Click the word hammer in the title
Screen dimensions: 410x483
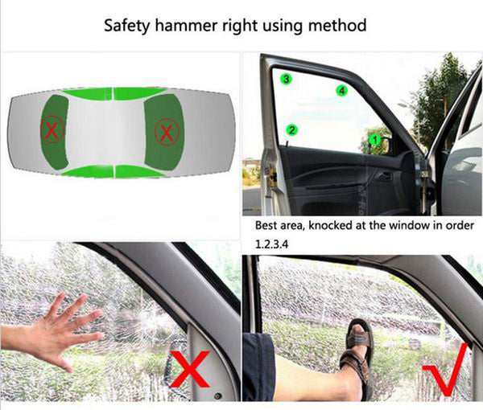click(x=193, y=25)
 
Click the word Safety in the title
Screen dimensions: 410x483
click(x=126, y=25)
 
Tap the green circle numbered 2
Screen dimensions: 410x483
click(x=292, y=129)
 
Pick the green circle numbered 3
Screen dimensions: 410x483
click(x=285, y=79)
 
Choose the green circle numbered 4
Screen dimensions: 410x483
click(x=341, y=92)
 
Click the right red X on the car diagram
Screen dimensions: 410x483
click(x=166, y=129)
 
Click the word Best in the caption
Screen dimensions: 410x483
click(x=269, y=226)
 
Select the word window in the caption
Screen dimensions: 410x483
click(x=397, y=226)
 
